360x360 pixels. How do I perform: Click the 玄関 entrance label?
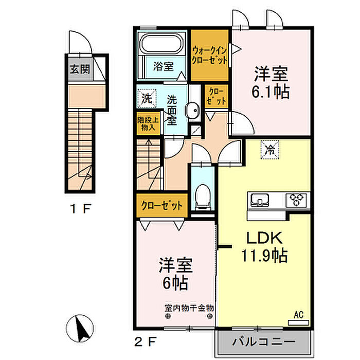(x=80, y=69)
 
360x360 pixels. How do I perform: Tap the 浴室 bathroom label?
(x=164, y=65)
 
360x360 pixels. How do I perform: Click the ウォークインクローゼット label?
(x=210, y=55)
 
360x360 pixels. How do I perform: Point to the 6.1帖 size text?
(x=271, y=92)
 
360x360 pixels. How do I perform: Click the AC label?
(x=299, y=313)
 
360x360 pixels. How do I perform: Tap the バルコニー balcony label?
(x=264, y=342)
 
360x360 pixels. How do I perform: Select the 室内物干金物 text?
(x=189, y=308)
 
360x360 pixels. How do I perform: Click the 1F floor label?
(x=81, y=209)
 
